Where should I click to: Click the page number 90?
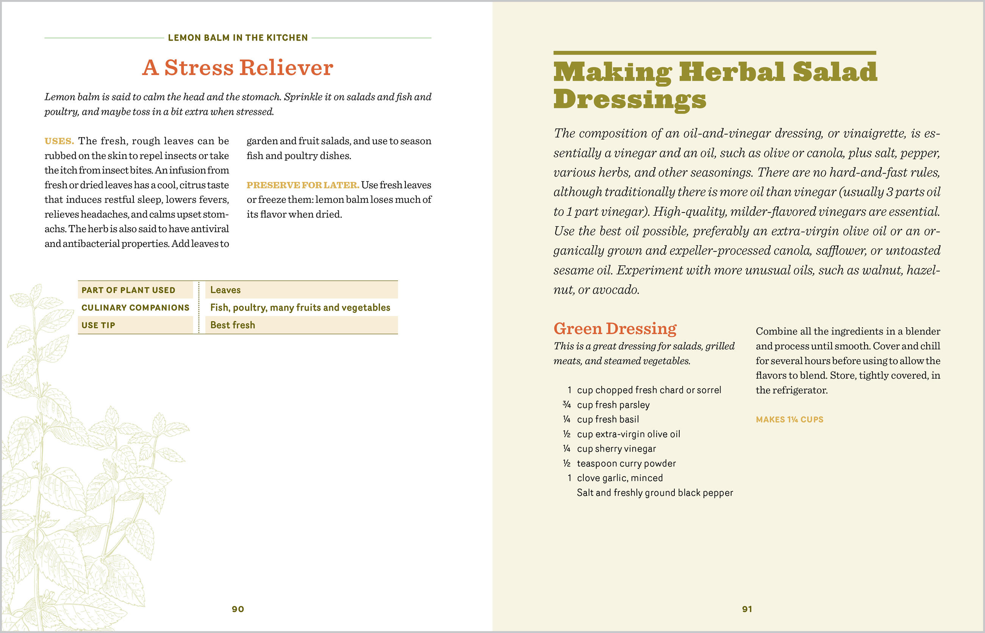(x=238, y=609)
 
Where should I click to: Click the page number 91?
(x=747, y=609)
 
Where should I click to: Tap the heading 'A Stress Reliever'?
(x=238, y=68)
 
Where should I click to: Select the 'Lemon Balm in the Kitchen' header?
(x=238, y=38)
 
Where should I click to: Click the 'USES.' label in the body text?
(x=59, y=141)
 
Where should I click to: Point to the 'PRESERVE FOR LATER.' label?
(x=303, y=185)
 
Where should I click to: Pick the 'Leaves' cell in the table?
(x=225, y=290)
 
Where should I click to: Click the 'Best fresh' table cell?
(x=233, y=325)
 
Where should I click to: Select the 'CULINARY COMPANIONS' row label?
(x=135, y=308)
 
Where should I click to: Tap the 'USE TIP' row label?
(x=98, y=325)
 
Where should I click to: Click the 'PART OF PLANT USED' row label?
(x=128, y=290)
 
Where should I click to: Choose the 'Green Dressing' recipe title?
(x=614, y=329)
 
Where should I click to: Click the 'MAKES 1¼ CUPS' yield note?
(x=789, y=420)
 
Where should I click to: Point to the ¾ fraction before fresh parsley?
(x=566, y=405)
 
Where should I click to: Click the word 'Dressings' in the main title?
(x=629, y=100)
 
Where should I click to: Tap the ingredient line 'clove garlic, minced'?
(x=619, y=478)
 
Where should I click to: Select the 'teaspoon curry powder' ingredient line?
(x=626, y=464)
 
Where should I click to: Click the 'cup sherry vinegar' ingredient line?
(x=616, y=449)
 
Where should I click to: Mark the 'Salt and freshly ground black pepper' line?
(x=655, y=493)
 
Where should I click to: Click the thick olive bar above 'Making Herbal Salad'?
(x=715, y=53)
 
